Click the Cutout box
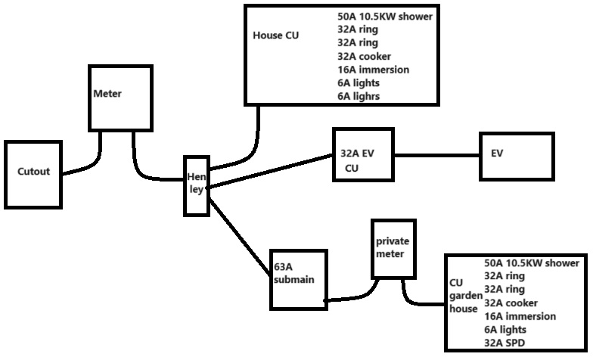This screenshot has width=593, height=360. tap(33, 174)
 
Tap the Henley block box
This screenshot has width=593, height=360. tap(196, 186)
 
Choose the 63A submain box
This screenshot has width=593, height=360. tap(297, 279)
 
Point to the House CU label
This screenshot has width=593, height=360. tap(275, 35)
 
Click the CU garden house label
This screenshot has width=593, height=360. tap(464, 295)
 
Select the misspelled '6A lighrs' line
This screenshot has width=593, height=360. tap(359, 96)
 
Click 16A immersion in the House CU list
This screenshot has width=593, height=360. tap(374, 70)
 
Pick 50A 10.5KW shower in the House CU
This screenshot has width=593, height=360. tap(386, 16)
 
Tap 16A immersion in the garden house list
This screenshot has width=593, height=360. tap(520, 316)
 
